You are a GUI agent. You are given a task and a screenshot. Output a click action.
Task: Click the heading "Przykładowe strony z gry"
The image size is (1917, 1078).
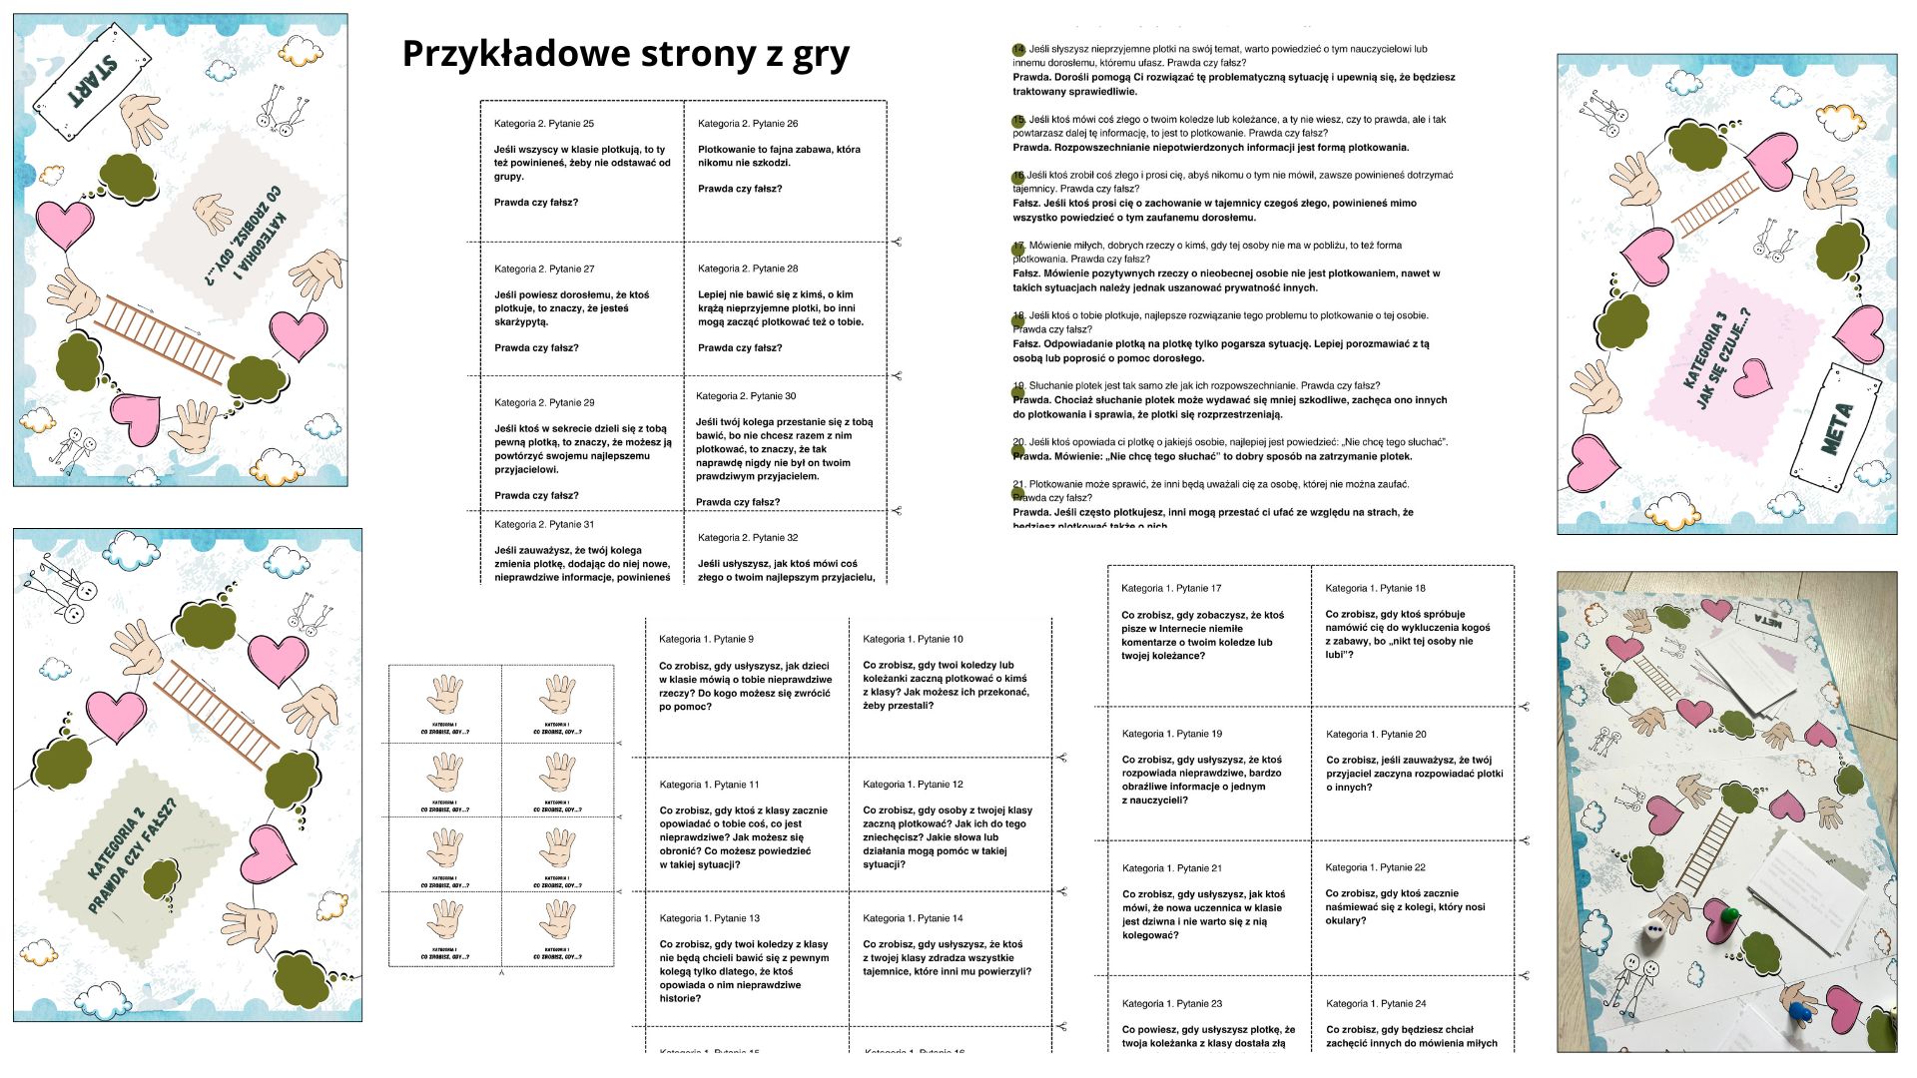tap(625, 53)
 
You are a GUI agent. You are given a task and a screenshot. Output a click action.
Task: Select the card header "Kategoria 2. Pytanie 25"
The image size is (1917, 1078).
tap(544, 124)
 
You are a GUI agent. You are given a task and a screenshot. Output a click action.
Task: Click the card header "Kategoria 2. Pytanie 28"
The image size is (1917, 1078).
tap(748, 269)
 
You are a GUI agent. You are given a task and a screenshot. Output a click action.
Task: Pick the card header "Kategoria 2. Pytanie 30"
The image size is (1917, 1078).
tap(746, 396)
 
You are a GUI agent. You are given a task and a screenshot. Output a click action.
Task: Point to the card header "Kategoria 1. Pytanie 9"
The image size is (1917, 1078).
tap(706, 639)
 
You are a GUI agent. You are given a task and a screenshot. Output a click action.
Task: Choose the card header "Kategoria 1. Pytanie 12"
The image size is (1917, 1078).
tap(913, 785)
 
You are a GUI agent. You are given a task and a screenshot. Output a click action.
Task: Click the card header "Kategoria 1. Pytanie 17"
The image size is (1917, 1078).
tap(1171, 589)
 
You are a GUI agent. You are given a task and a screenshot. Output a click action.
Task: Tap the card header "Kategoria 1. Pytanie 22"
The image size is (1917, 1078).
tap(1375, 867)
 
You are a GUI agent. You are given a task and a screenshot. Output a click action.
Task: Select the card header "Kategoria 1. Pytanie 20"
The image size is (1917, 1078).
tap(1376, 735)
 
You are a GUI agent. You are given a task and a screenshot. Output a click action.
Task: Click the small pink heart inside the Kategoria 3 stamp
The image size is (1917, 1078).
tap(1752, 376)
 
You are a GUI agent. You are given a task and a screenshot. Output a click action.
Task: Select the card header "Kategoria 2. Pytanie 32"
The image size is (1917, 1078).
tap(748, 538)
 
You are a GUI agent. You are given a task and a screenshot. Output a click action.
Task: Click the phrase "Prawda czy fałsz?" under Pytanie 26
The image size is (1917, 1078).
tap(740, 189)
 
